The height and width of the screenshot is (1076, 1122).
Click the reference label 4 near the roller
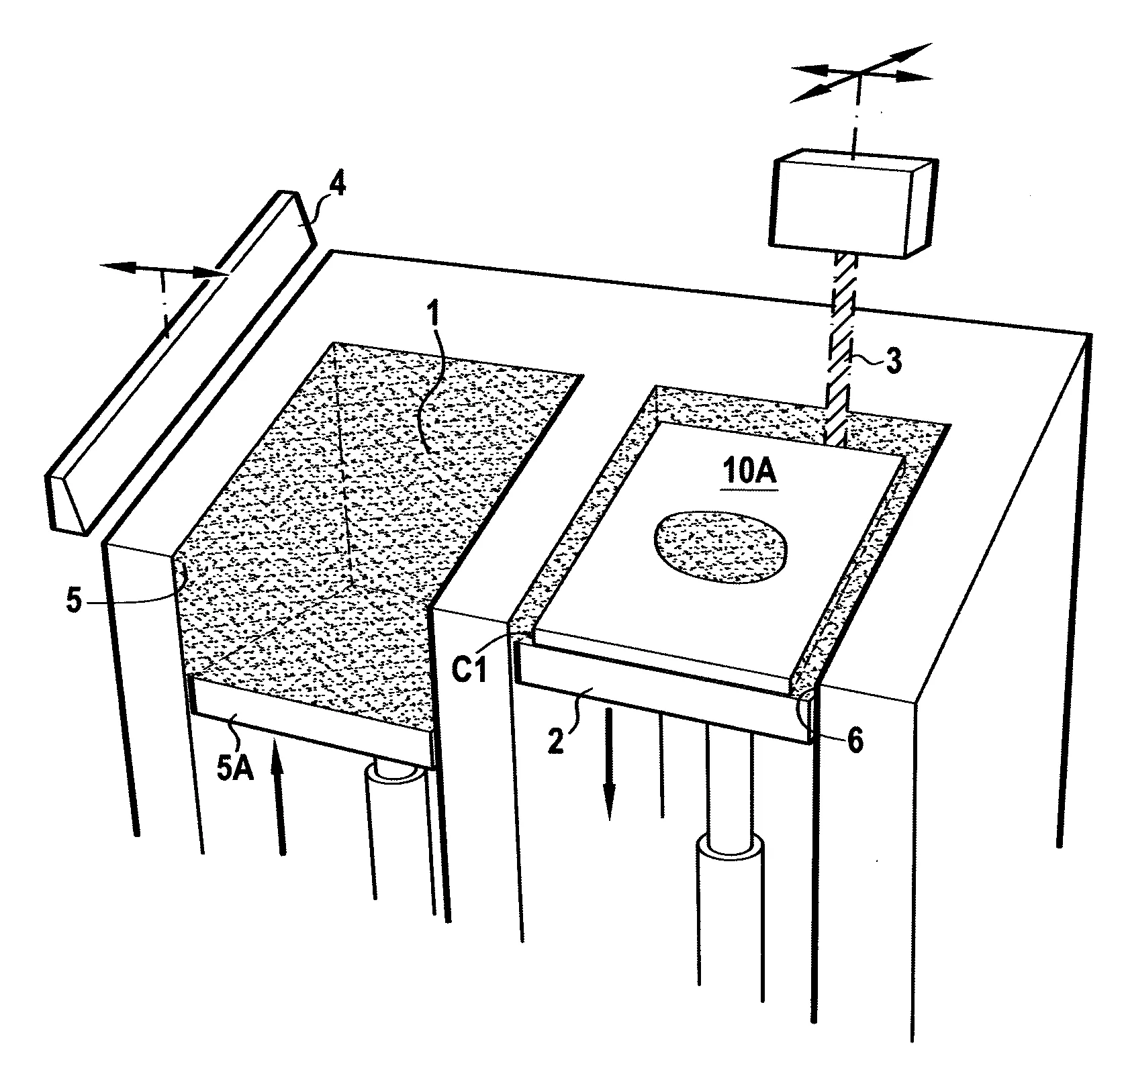pyautogui.click(x=337, y=184)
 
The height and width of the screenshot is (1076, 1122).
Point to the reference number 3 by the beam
pyautogui.click(x=892, y=361)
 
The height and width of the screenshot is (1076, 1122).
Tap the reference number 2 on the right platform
pyautogui.click(x=556, y=743)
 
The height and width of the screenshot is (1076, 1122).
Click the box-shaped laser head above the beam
pyautogui.click(x=853, y=207)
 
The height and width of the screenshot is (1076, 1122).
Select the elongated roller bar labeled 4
pyautogui.click(x=180, y=362)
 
